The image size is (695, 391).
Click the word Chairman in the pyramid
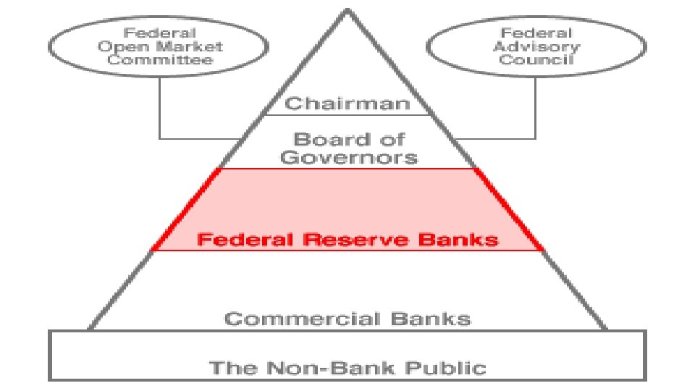click(x=347, y=104)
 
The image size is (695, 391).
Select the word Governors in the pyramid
click(x=348, y=156)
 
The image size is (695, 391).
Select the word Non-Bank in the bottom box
click(x=327, y=367)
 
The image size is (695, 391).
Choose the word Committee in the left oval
click(x=170, y=59)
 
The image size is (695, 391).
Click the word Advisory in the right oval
click(x=536, y=46)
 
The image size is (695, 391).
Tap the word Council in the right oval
click(x=536, y=59)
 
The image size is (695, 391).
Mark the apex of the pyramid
click(x=347, y=10)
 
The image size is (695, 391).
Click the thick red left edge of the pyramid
click(x=185, y=209)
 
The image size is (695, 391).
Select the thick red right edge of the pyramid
click(x=510, y=209)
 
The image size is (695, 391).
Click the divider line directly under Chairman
click(x=347, y=115)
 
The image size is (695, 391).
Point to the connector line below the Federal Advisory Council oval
click(x=536, y=109)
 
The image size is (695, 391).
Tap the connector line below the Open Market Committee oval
click(x=160, y=109)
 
